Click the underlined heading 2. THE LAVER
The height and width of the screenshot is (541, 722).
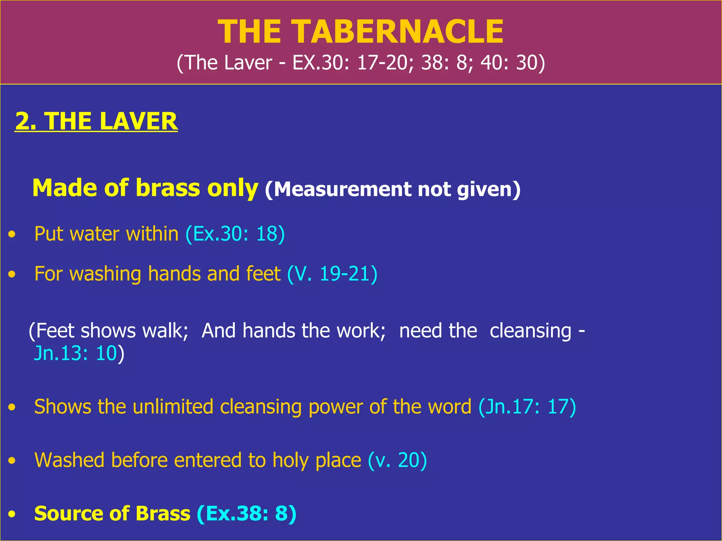click(x=96, y=121)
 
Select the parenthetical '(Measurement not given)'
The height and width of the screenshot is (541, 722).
click(x=392, y=189)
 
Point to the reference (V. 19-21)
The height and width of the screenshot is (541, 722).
click(x=332, y=274)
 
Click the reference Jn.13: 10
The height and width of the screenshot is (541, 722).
click(x=75, y=353)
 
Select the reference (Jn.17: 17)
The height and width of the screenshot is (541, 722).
click(x=527, y=407)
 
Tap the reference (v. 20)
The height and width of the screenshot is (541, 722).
click(x=397, y=460)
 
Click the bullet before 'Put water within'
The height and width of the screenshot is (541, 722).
click(x=12, y=234)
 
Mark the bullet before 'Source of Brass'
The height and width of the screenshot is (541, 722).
click(x=12, y=514)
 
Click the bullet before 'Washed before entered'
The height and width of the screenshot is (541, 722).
click(x=12, y=461)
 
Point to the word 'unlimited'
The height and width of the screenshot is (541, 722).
click(x=173, y=407)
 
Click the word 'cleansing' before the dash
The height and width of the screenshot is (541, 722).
click(x=530, y=331)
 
